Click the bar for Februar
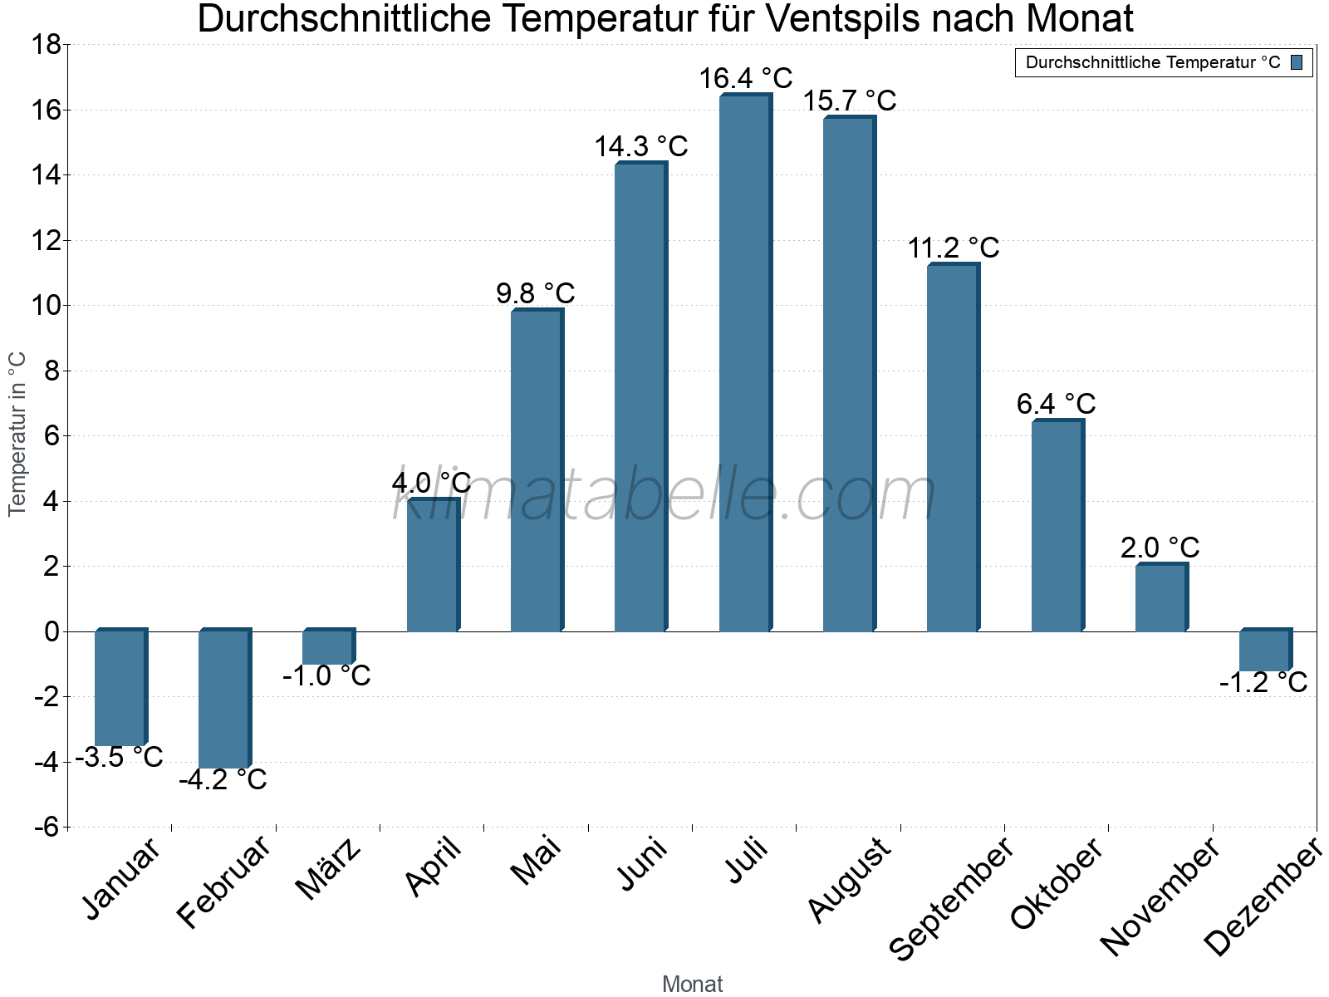point(223,699)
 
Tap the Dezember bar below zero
point(1265,651)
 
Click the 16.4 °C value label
point(745,79)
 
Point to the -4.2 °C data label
point(223,780)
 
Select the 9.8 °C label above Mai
point(536,293)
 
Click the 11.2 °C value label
point(953,248)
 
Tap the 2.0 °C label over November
point(1160,548)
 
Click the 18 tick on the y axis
point(47,45)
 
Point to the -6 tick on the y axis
point(47,827)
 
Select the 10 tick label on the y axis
point(47,306)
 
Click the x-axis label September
point(952,897)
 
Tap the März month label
point(329,868)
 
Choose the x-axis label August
point(849,880)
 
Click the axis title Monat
point(692,984)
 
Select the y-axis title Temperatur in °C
point(17,434)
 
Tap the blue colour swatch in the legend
point(1297,62)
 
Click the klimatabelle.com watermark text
point(664,496)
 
